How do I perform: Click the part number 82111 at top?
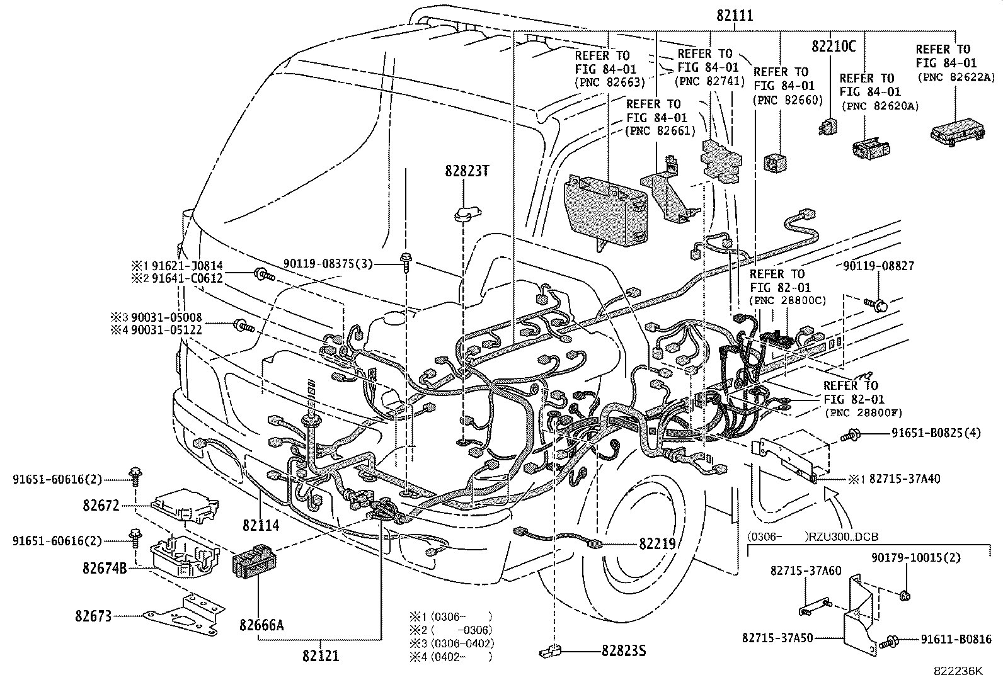[735, 17]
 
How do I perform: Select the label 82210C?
[834, 46]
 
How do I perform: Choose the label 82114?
[260, 524]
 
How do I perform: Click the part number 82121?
[320, 656]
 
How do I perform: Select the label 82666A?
[261, 625]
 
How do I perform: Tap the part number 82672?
[100, 505]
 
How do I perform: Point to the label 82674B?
[105, 568]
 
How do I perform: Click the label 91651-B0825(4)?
[936, 433]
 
